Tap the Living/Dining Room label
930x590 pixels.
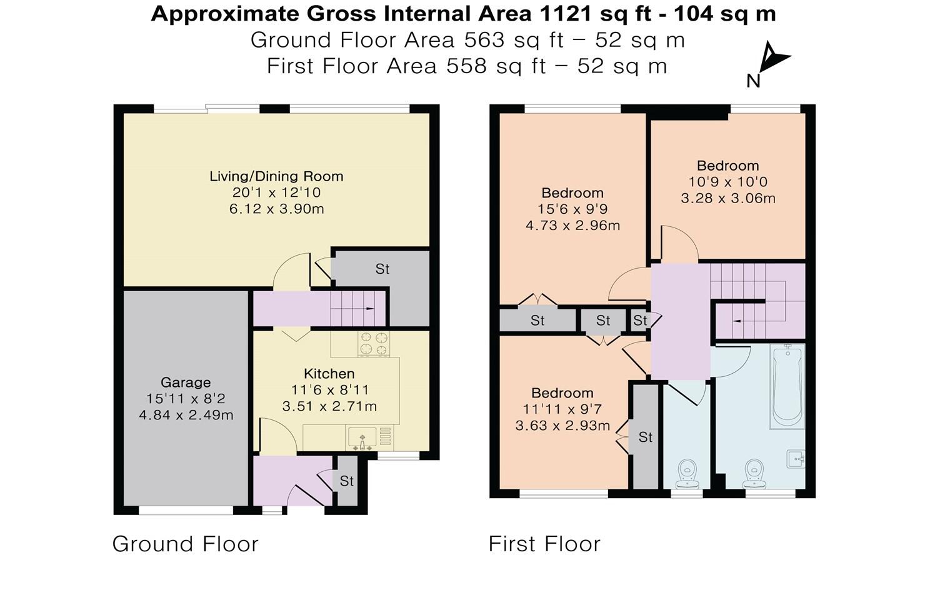(x=276, y=176)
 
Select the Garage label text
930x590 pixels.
(x=186, y=382)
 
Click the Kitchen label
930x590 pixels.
(x=329, y=374)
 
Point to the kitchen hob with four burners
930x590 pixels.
(x=373, y=343)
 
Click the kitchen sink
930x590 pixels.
(x=361, y=437)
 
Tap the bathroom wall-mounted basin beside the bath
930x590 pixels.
(x=796, y=459)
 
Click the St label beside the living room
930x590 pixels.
(x=382, y=269)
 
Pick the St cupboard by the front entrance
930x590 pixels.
(x=347, y=481)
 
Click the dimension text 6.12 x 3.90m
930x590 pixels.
(x=276, y=209)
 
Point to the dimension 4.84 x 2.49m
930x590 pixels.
(x=186, y=415)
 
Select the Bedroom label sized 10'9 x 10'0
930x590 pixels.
(x=727, y=166)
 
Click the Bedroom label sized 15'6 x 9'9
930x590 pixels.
(x=572, y=193)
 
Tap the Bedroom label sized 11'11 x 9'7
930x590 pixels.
(x=562, y=393)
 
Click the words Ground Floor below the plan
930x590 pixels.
(x=185, y=544)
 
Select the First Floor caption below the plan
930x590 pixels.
(x=544, y=544)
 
